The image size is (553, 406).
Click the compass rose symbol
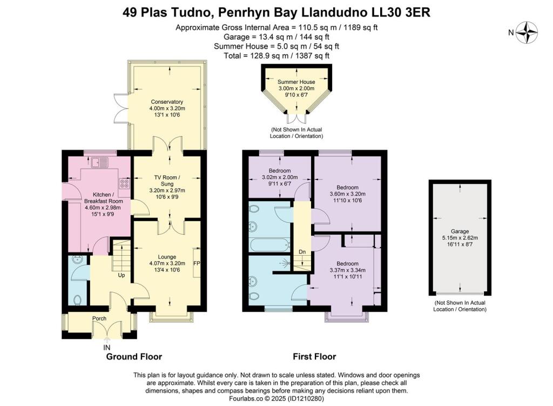[x=528, y=32]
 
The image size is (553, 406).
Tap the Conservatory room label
[x=167, y=102]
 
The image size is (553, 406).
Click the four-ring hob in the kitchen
[x=125, y=184]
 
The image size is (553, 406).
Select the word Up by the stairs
[x=122, y=275]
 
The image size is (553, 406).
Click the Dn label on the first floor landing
[x=302, y=252]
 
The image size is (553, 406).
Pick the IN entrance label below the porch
[x=107, y=347]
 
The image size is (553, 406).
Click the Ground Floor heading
[x=134, y=357]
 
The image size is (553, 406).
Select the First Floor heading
[x=314, y=357]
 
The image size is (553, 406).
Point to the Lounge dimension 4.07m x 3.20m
[x=167, y=264]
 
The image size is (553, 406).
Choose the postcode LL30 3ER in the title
[x=400, y=12]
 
